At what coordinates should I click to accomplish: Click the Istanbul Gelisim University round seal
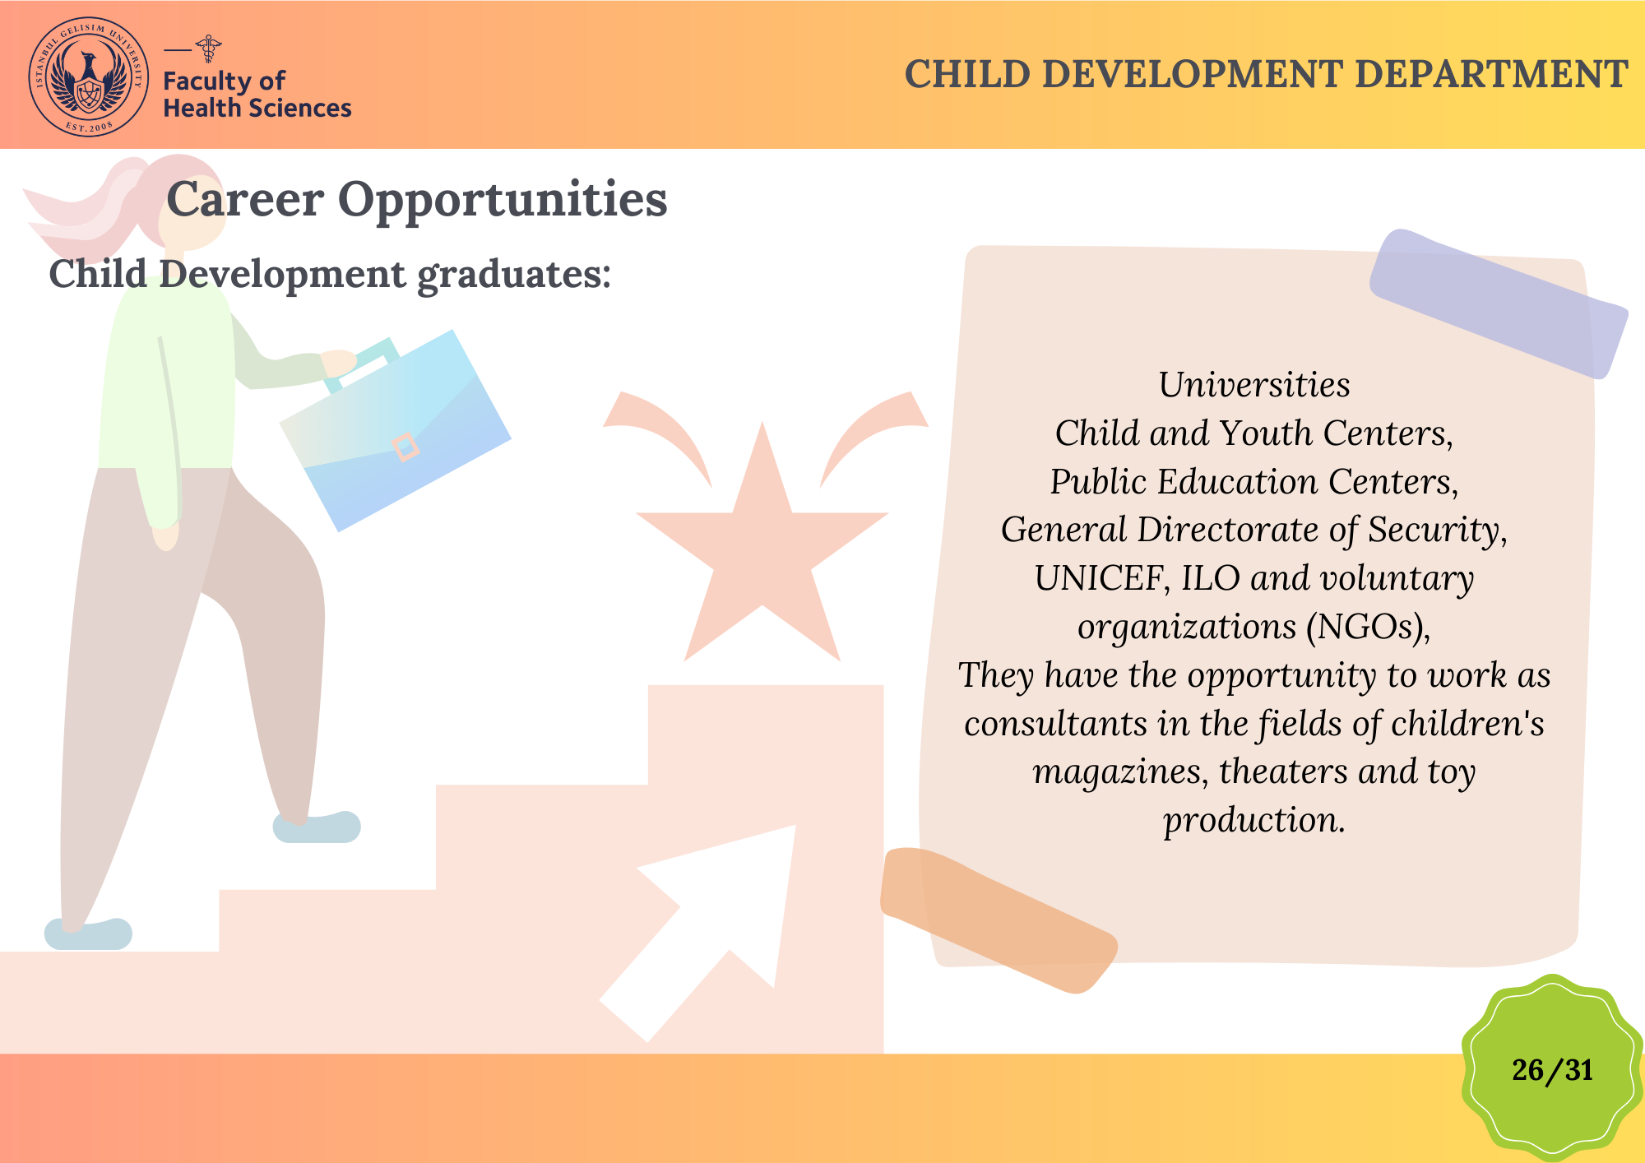coord(89,76)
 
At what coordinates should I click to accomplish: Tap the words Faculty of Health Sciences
coord(257,95)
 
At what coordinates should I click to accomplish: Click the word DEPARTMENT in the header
coord(1490,74)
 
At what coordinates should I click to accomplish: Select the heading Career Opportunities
coord(417,199)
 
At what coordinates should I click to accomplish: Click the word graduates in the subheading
coord(514,276)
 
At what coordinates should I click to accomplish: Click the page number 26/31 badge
coord(1552,1069)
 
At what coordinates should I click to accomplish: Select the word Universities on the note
coord(1254,385)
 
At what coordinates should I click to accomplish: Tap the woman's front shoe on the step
coord(317,827)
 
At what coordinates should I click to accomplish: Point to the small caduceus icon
coord(209,49)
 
